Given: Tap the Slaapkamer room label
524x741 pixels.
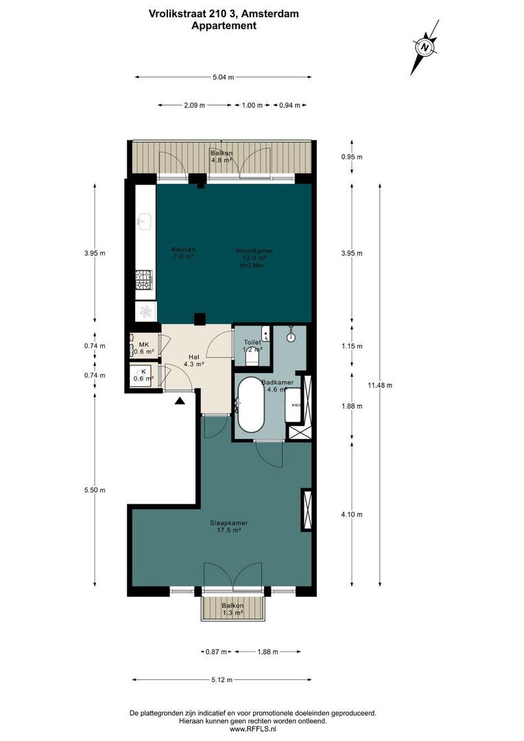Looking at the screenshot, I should point(229,526).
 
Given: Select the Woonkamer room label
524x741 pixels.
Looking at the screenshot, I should point(254,255).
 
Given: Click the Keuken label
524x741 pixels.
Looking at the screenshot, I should point(183,252).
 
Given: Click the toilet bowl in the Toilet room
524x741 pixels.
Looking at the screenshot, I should point(251,358).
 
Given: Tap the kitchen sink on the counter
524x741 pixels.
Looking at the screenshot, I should point(145,221).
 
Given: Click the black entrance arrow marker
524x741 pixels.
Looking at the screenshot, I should point(180,401).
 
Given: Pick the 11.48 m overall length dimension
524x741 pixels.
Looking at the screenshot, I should point(379,386).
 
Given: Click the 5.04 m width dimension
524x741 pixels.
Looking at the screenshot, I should point(224,78).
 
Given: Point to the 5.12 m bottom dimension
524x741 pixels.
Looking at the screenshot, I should point(224,680).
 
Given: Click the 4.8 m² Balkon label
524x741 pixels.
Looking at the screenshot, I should point(222,156).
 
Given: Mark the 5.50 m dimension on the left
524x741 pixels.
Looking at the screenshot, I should point(95,490).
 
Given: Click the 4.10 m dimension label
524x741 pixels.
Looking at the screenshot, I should point(352,515).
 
